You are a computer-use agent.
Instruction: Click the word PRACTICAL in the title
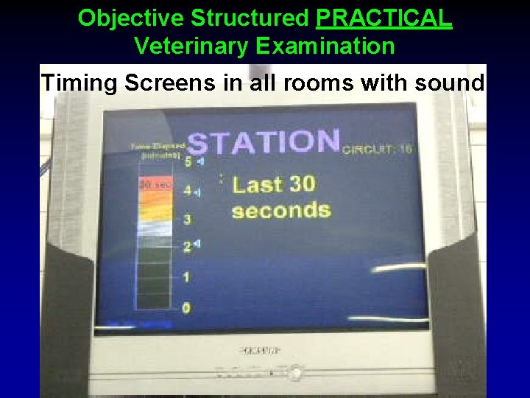click(384, 18)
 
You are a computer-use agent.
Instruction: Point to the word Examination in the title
click(325, 46)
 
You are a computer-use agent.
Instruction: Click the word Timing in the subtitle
click(79, 83)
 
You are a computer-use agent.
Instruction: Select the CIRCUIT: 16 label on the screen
click(378, 149)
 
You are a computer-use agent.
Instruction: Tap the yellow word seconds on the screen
click(281, 211)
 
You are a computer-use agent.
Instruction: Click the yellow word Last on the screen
click(258, 184)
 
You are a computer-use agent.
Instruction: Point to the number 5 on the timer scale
click(188, 161)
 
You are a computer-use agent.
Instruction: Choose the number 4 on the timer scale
click(187, 190)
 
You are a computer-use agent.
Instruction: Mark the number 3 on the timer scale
click(187, 219)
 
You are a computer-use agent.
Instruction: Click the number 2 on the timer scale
click(187, 246)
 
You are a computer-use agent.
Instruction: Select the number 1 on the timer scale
click(186, 277)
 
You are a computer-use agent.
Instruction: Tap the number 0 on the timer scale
click(186, 307)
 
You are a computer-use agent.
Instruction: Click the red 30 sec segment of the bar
click(155, 184)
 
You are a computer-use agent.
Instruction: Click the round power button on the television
click(295, 373)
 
